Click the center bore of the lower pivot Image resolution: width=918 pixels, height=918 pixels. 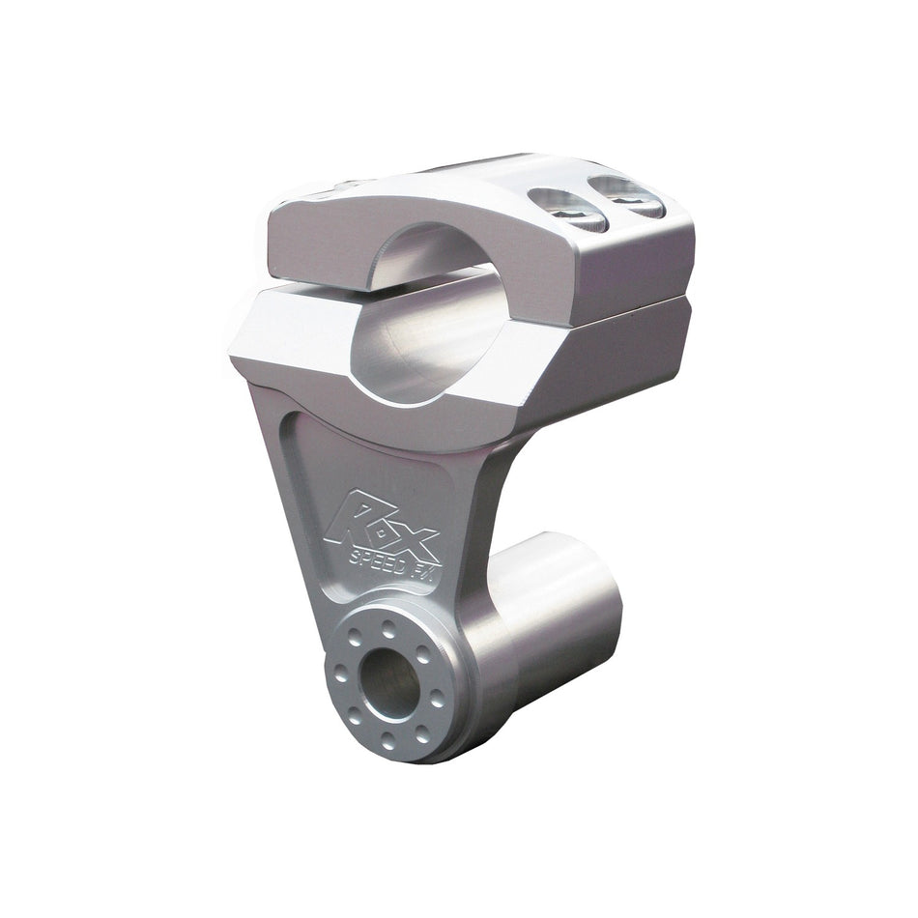[389, 674]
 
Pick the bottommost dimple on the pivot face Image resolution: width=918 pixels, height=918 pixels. [387, 741]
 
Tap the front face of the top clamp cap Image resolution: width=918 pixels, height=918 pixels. [319, 242]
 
